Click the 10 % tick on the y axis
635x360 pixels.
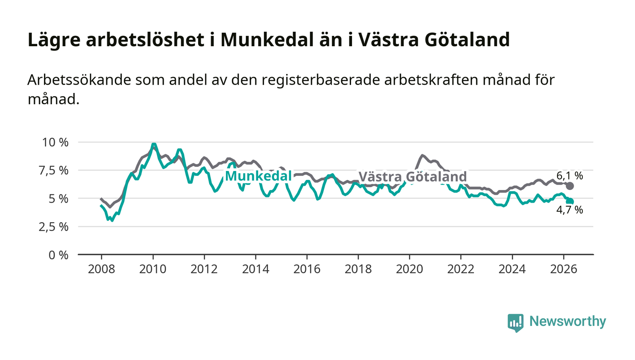coord(55,142)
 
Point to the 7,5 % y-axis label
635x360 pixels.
coord(54,170)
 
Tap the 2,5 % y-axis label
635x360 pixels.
coord(54,227)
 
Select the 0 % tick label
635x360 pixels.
coord(59,255)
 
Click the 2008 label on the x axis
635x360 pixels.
coord(102,269)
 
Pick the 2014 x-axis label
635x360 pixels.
coord(256,269)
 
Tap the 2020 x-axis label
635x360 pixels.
coord(409,269)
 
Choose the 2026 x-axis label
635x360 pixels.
coord(563,269)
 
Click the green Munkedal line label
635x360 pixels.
coord(258,176)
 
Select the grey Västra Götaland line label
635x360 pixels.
coord(413,176)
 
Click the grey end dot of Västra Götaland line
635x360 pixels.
coord(570,186)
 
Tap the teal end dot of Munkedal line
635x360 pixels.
coord(570,202)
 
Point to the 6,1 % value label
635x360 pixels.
coord(570,176)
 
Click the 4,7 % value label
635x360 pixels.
coord(570,210)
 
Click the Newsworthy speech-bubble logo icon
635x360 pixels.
coord(515,323)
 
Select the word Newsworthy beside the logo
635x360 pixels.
coord(567,321)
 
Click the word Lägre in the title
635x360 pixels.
coord(54,40)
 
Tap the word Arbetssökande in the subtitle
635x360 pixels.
coord(79,80)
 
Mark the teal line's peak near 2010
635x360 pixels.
coord(154,144)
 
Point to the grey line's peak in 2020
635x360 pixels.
coord(422,156)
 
